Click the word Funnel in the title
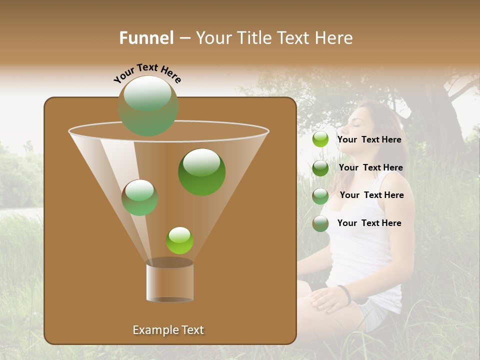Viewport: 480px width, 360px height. point(146,38)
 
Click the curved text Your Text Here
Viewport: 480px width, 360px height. point(147,73)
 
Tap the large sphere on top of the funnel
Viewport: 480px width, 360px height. point(148,105)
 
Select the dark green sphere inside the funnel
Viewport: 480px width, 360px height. point(201,171)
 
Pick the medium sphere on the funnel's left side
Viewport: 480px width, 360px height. point(140,197)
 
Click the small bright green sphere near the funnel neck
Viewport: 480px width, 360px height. point(179,240)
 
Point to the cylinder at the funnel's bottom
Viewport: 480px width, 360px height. point(170,281)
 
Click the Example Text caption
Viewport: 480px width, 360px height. point(168,330)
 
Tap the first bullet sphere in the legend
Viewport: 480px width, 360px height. point(320,139)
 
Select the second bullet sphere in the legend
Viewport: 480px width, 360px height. point(320,168)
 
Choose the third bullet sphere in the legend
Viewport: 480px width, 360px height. point(320,195)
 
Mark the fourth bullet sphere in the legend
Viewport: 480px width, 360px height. point(320,223)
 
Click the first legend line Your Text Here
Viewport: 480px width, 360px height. point(369,140)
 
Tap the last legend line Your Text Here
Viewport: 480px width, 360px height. point(369,223)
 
